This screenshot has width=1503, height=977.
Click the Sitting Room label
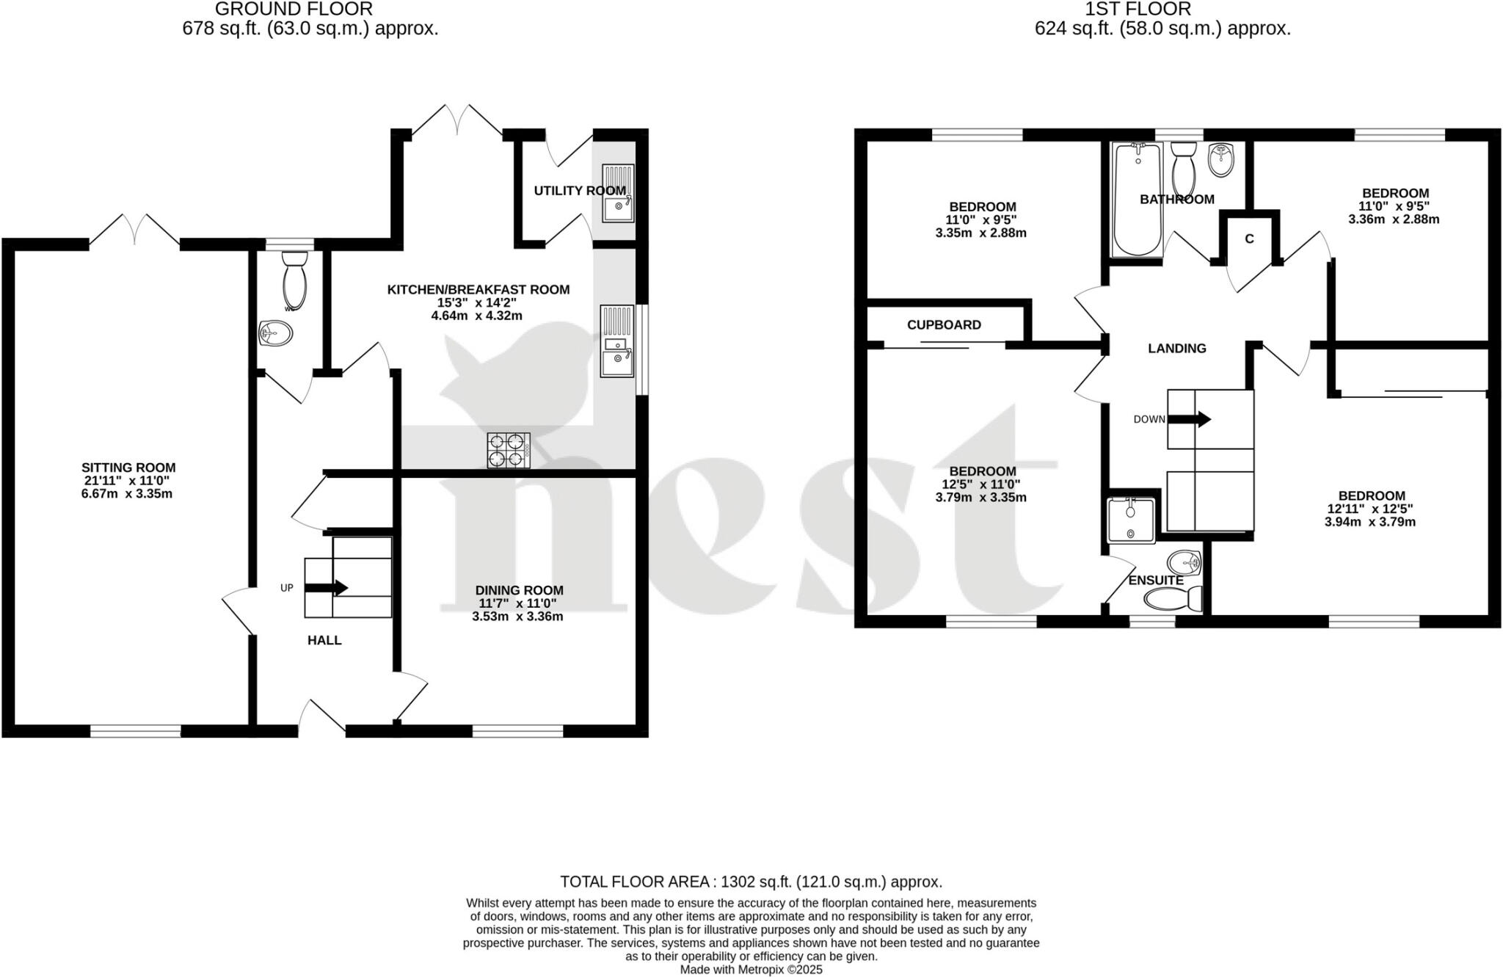pyautogui.click(x=128, y=468)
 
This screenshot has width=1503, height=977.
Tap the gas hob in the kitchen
pyautogui.click(x=509, y=450)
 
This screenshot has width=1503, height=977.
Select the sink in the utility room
pyautogui.click(x=618, y=193)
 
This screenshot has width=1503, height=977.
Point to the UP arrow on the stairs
pyautogui.click(x=327, y=587)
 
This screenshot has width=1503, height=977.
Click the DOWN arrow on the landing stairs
pyautogui.click(x=1189, y=419)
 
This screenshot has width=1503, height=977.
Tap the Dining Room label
pyautogui.click(x=519, y=590)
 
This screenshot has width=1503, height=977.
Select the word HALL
pyautogui.click(x=324, y=640)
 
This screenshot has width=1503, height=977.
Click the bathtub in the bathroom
pyautogui.click(x=1138, y=199)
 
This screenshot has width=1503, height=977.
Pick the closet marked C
pyautogui.click(x=1249, y=239)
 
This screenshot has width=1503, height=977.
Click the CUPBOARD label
pyautogui.click(x=944, y=324)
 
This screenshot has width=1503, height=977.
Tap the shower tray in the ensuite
pyautogui.click(x=1131, y=520)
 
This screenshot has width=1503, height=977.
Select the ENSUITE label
pyautogui.click(x=1156, y=580)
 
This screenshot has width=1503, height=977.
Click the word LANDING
pyautogui.click(x=1176, y=348)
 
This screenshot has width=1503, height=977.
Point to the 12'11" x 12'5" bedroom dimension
pyautogui.click(x=1369, y=509)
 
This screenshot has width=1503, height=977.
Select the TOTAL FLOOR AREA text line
pyautogui.click(x=751, y=882)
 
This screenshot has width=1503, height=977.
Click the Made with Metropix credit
pyautogui.click(x=751, y=970)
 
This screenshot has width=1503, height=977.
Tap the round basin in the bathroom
pyautogui.click(x=1222, y=159)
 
